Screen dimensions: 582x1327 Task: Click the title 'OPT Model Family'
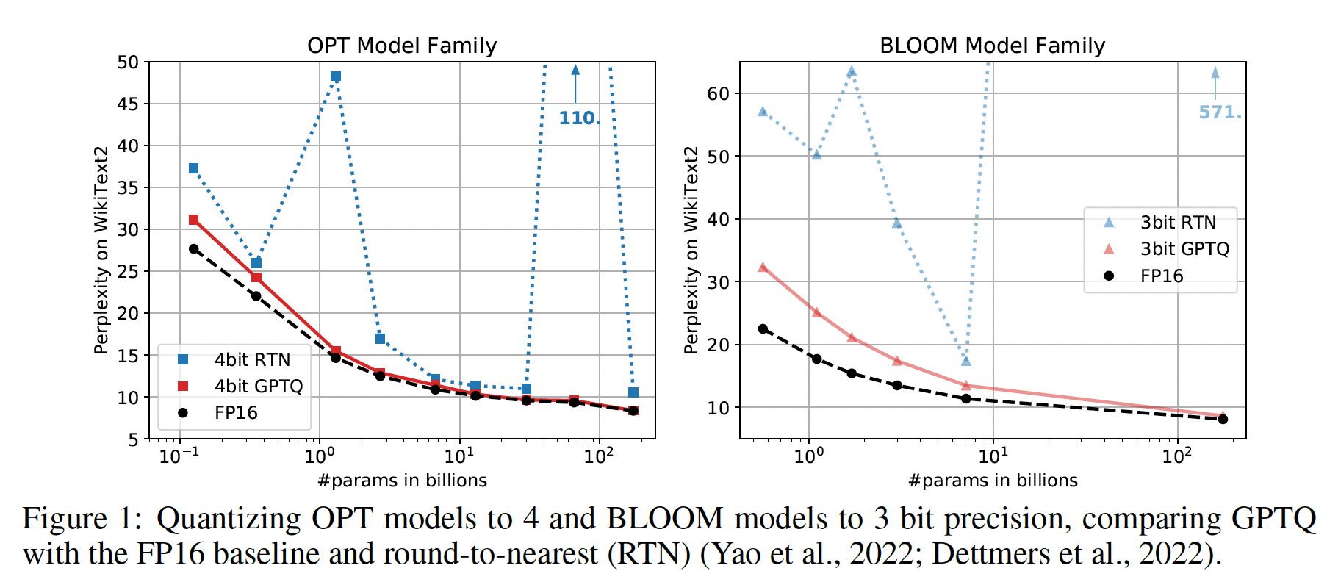pos(402,46)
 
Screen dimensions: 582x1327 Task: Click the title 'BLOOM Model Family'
pos(992,46)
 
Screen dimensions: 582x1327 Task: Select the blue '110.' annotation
pos(579,118)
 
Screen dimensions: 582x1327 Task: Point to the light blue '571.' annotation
pos(1220,112)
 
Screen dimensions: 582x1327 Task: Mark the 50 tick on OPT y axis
pos(128,62)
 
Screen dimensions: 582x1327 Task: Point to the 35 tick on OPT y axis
pos(128,187)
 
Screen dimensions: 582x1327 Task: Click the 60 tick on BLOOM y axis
pos(718,93)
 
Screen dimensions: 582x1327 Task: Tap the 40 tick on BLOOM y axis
pos(718,219)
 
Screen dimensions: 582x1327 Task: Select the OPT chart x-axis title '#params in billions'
pos(402,480)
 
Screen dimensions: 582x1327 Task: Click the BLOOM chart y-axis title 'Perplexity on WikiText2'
pos(691,250)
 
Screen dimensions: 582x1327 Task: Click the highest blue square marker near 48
pos(336,76)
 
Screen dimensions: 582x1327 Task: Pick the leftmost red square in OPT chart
pos(194,220)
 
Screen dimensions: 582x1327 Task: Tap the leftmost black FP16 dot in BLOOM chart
pos(763,329)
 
